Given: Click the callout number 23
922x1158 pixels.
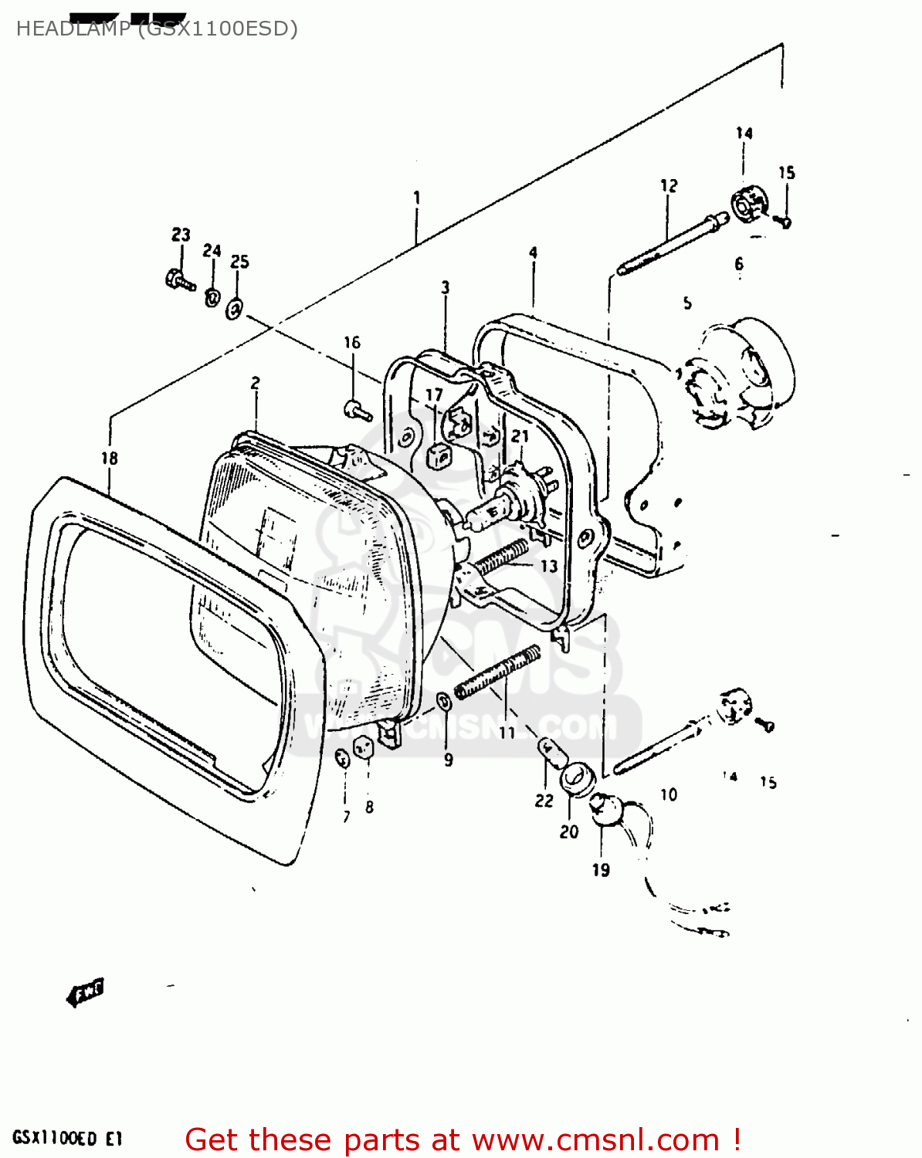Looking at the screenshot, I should point(181,235).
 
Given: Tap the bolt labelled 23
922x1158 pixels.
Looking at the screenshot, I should point(178,279).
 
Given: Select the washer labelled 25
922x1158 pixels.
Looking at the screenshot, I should point(235,310).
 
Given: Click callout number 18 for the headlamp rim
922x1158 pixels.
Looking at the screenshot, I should point(110,459).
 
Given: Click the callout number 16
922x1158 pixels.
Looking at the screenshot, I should point(352,343).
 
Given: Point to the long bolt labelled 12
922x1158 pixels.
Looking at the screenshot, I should point(672,242).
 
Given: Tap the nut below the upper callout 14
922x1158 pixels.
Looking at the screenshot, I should point(746,205).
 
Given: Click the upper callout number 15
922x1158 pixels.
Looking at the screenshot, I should point(786,173).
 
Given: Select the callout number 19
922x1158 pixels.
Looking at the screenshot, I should point(601,870).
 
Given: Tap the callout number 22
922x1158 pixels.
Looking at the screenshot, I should point(544,801).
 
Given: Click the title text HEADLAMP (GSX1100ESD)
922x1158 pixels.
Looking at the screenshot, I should point(157,29).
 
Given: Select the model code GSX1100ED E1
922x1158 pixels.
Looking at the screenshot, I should point(67,1139).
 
